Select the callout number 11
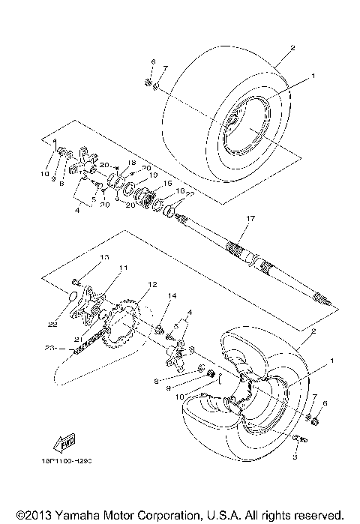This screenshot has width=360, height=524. click(x=122, y=268)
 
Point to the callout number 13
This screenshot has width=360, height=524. click(x=104, y=257)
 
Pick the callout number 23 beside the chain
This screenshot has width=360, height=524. click(x=49, y=347)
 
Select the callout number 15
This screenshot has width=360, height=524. click(x=168, y=183)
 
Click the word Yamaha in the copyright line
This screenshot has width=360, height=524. click(x=67, y=514)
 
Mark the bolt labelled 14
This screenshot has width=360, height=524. click(x=158, y=328)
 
